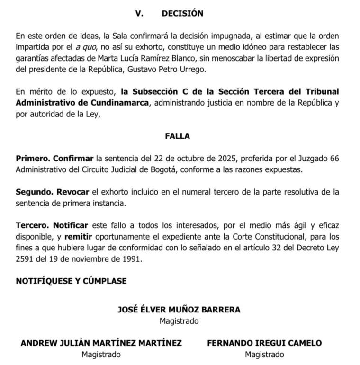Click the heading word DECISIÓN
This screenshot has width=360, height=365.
click(x=182, y=14)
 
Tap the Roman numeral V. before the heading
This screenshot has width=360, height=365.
click(x=139, y=14)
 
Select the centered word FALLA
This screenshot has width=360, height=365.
click(x=178, y=136)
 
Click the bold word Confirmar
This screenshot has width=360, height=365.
click(x=73, y=158)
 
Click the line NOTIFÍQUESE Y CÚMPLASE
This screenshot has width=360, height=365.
click(x=71, y=281)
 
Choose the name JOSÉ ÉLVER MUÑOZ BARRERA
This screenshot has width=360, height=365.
click(x=179, y=310)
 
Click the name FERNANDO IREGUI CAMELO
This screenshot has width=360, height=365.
click(x=264, y=343)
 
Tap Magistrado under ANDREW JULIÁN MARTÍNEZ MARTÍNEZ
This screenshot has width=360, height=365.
click(x=101, y=354)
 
